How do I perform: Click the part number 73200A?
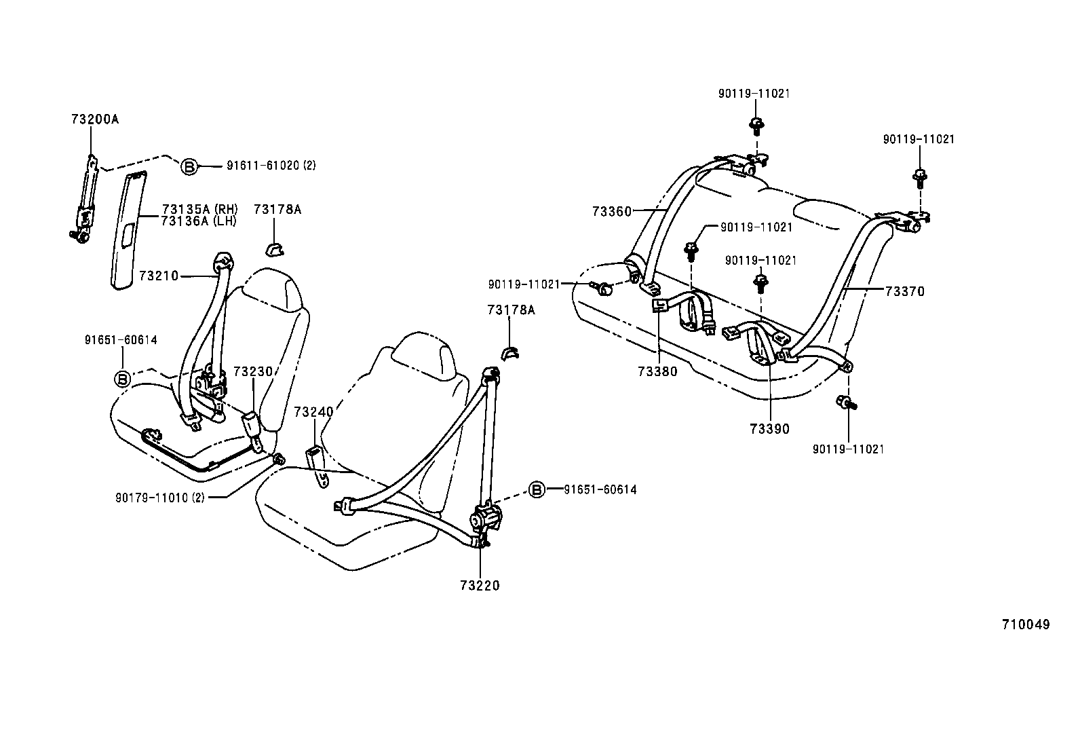(94, 119)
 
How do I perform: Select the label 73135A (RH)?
(200, 209)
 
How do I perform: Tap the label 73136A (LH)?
(200, 221)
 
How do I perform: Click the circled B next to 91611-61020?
(189, 166)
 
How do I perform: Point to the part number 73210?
(158, 276)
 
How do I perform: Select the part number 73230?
(253, 372)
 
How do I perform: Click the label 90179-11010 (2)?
(159, 497)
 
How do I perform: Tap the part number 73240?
(313, 411)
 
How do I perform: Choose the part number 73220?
(480, 586)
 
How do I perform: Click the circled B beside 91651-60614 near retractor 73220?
(537, 489)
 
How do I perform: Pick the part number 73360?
(611, 211)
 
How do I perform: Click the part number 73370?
(905, 292)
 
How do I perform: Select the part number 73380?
(657, 371)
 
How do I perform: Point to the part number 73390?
(770, 429)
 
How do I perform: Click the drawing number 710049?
(1026, 624)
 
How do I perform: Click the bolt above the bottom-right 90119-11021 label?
(846, 403)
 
